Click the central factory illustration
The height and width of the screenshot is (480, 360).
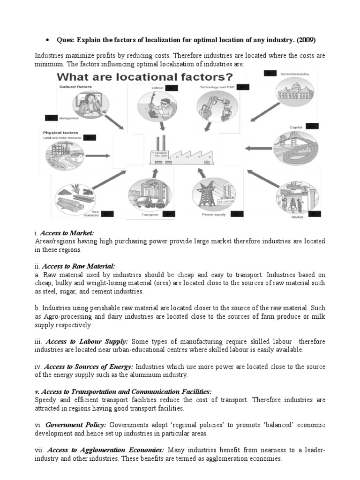coord(180,150)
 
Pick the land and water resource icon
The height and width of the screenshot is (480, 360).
coord(65,157)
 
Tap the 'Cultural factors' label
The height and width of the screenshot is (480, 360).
coord(75,87)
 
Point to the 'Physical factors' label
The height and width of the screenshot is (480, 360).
coord(60,133)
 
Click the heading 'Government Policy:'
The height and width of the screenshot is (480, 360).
coord(75,424)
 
